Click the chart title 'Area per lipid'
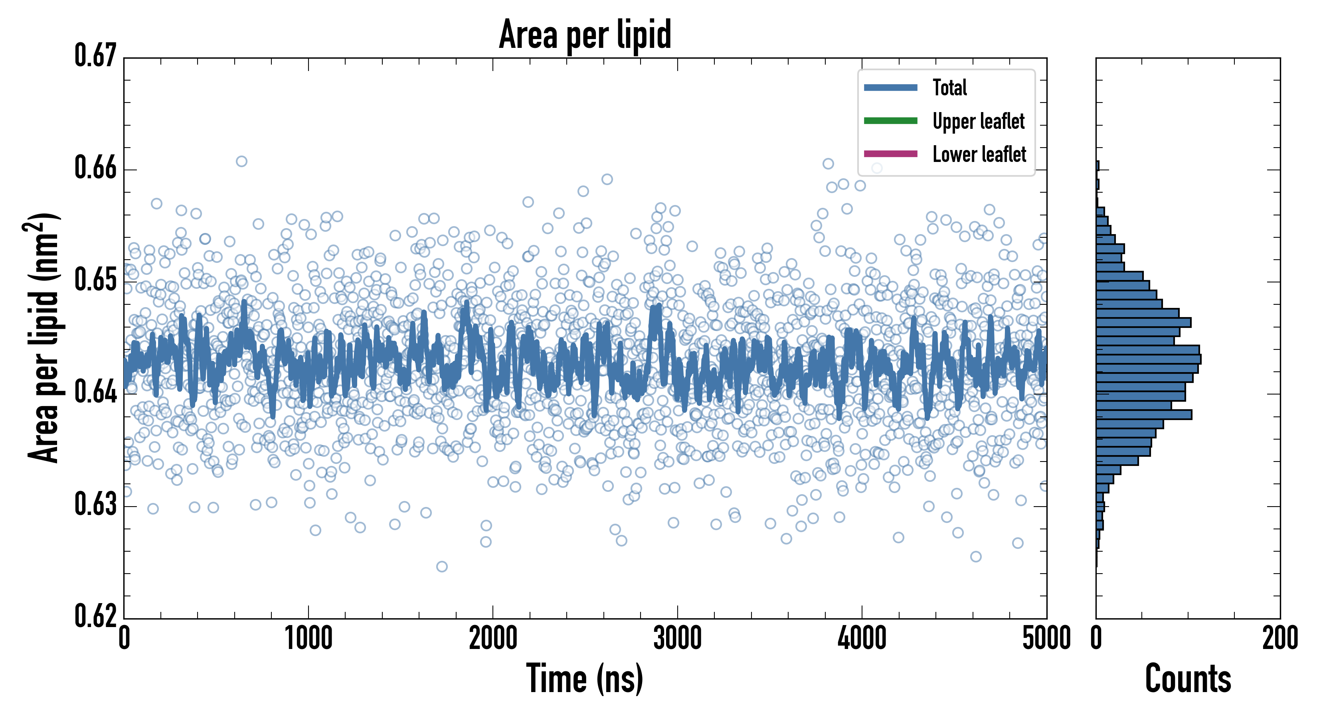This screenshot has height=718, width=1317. pos(585,34)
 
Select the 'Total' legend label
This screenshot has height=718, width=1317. pos(949,87)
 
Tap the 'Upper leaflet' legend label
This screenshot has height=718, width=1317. pos(978,121)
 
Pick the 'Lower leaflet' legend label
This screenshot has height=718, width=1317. pos(979,154)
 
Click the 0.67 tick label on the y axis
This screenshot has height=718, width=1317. pos(96,56)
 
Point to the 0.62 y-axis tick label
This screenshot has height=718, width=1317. pos(96,616)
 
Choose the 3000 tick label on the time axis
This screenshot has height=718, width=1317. pos(677,639)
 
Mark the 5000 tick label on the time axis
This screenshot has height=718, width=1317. pos(1046,639)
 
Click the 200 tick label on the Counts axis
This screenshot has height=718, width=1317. pos(1279,639)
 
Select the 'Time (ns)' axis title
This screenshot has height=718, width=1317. pos(585,679)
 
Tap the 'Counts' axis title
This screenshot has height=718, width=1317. pos(1188,679)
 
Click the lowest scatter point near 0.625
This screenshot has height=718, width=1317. pos(442,566)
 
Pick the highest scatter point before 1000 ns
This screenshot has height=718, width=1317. pos(241,162)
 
